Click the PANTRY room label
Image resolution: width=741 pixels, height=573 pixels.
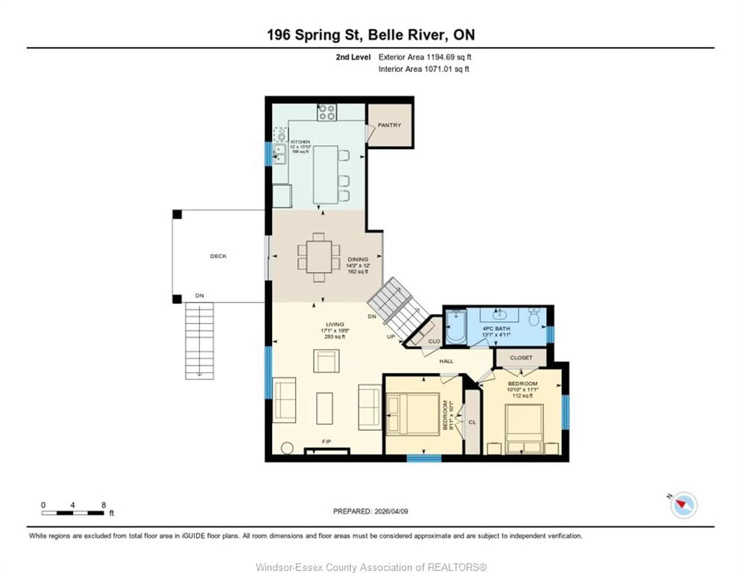pos(389,125)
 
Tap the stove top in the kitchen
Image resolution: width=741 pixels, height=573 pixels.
pos(327,112)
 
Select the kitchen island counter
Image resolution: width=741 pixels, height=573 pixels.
pos(325,175)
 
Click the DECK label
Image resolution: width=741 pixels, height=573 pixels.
pos(218,256)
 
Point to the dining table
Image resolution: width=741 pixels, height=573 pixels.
pos(319,257)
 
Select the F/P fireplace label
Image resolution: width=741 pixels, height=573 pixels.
pos(326,441)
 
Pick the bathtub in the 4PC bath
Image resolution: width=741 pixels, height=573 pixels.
pos(456,328)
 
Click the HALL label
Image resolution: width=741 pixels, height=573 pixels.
pos(446,361)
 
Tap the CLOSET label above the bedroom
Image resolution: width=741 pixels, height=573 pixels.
pos(521,358)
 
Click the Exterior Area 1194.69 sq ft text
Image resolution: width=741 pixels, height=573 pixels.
pos(425,57)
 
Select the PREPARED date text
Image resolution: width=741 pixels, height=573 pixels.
pos(370,511)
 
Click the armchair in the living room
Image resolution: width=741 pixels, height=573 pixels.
pos(326,361)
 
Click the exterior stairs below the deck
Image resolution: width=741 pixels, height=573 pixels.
pos(199,341)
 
